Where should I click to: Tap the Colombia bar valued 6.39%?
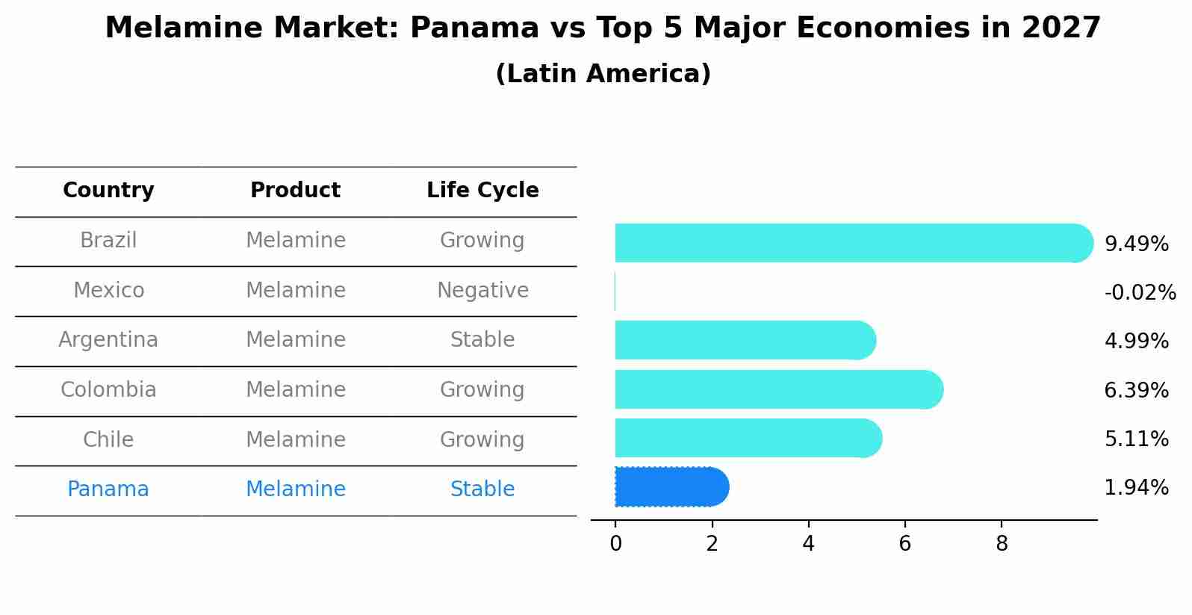click(777, 389)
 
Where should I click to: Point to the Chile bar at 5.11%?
click(747, 438)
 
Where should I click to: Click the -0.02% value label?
click(1140, 292)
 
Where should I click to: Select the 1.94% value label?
click(1136, 488)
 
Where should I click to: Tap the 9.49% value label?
click(1136, 244)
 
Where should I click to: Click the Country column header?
click(108, 191)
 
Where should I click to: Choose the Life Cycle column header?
click(482, 191)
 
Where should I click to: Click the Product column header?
click(295, 191)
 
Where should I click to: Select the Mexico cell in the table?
click(108, 290)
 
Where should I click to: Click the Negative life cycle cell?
click(482, 290)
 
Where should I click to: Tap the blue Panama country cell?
click(108, 489)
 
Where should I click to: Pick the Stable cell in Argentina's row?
click(482, 340)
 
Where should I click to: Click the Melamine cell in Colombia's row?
click(295, 389)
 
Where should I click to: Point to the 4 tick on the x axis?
click(808, 543)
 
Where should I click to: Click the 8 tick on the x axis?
click(1002, 543)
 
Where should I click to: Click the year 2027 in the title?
click(1061, 28)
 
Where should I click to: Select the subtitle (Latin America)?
click(603, 74)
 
